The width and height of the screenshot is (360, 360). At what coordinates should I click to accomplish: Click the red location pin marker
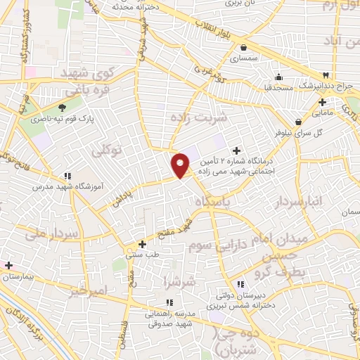(x=181, y=165)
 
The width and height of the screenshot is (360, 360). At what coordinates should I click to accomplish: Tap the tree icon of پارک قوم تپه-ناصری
(x=63, y=108)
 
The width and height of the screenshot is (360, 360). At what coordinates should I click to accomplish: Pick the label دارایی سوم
(x=209, y=246)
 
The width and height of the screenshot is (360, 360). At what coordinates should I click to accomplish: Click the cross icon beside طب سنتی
(x=142, y=245)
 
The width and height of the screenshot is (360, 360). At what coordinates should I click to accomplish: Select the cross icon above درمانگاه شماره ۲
(x=236, y=150)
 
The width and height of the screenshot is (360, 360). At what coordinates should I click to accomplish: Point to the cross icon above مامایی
(x=321, y=101)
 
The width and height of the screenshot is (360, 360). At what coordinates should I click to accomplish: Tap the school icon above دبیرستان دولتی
(x=240, y=284)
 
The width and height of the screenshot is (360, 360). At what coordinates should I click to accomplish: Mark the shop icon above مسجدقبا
(x=279, y=77)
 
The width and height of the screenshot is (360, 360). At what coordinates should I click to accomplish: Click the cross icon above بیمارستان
(x=8, y=265)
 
